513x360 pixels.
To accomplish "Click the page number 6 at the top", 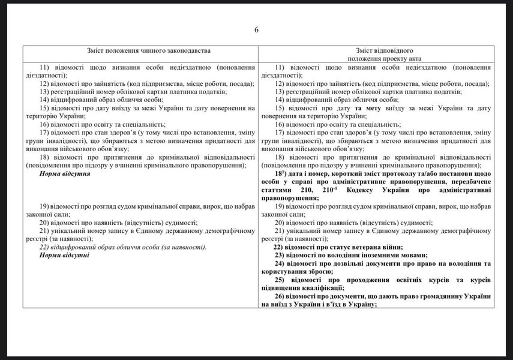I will point(256,30).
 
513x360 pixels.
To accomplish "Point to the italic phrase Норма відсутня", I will point(64,173).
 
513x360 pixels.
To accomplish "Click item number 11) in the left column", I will point(47,67).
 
